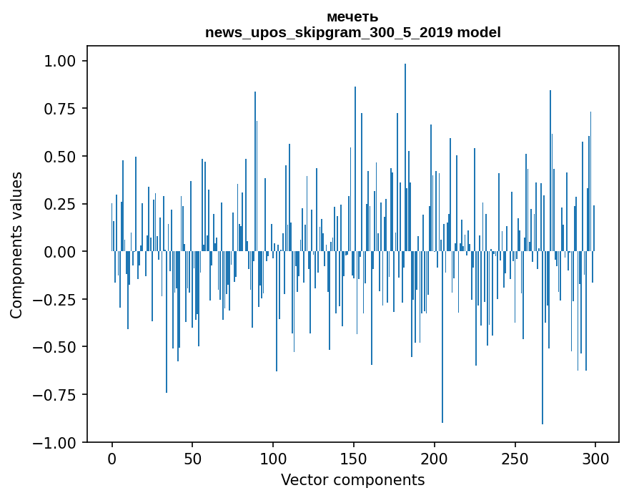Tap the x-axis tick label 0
coord(112,459)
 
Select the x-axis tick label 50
coord(193,459)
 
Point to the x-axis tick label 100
coord(273,459)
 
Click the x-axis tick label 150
coord(354,459)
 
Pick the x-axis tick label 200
coord(435,459)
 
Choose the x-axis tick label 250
coord(515,459)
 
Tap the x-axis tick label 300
coord(595,459)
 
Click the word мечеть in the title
coord(352,17)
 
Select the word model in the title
coord(479,32)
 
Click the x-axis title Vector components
coord(352,480)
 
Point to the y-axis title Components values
coord(16,245)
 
